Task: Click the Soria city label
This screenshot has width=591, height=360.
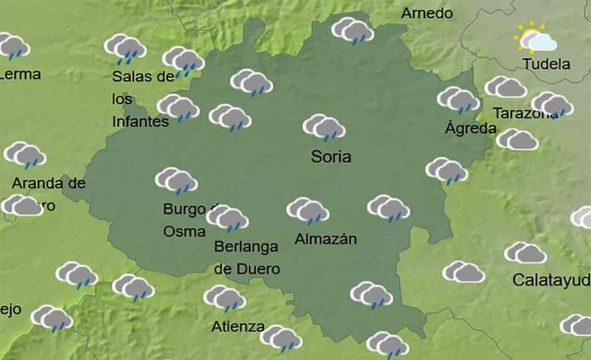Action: point(331,156)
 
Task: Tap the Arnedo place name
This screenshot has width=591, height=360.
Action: point(427,13)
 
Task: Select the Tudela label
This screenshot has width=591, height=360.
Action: point(546,64)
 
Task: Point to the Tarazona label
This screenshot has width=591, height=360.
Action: point(525,113)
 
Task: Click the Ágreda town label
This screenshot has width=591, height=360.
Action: point(471,128)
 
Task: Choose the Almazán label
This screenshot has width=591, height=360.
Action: point(325,239)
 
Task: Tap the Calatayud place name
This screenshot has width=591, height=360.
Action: point(551,280)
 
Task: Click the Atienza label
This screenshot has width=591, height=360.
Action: point(238,325)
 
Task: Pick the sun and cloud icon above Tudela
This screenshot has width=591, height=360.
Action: point(536,39)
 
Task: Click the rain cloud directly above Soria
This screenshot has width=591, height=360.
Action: point(324,127)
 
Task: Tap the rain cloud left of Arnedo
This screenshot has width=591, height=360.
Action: point(353,31)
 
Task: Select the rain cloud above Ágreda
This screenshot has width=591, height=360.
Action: point(459,100)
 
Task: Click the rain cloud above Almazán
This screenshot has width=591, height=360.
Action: point(308,210)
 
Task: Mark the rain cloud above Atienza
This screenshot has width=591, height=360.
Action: point(224,298)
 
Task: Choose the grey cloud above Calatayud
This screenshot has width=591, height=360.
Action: point(526,253)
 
